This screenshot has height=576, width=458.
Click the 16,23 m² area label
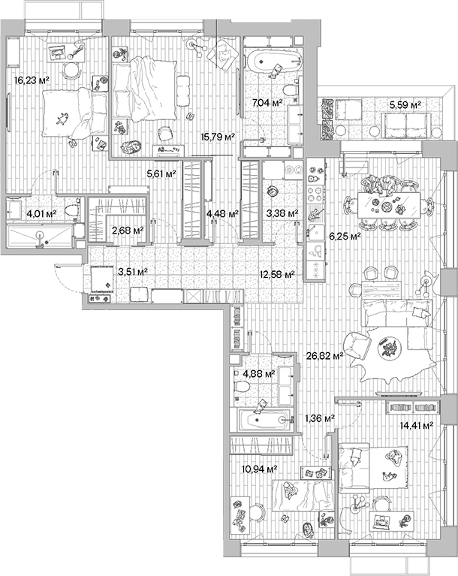click(x=32, y=77)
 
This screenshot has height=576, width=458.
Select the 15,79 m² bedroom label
click(x=218, y=137)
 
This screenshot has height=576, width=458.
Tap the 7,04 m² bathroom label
click(x=267, y=102)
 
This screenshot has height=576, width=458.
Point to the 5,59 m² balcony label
click(x=405, y=104)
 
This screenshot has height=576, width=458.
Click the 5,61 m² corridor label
click(x=161, y=173)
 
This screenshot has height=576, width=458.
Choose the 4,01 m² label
click(x=41, y=213)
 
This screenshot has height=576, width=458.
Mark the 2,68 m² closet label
click(x=127, y=231)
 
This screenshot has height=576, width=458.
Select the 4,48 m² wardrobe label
click(x=221, y=213)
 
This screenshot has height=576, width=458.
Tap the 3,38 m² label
click(x=282, y=213)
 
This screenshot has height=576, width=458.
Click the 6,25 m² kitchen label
click(x=345, y=235)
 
